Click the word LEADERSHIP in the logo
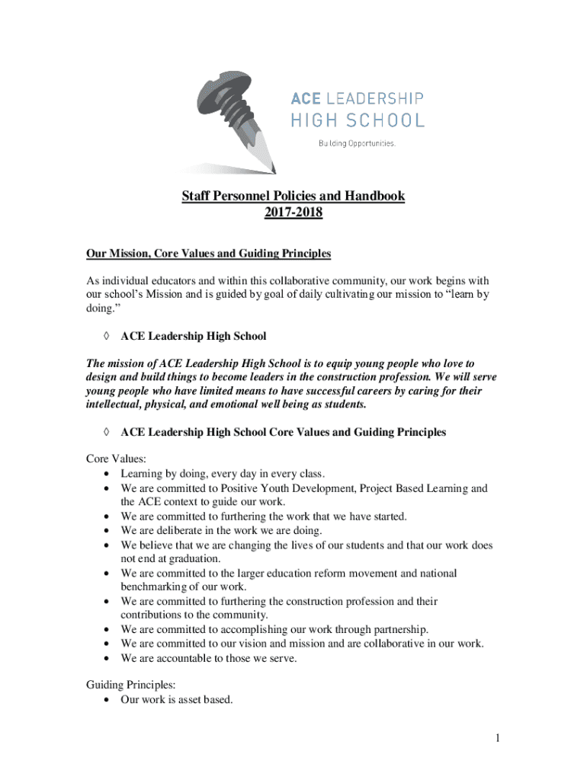[x=375, y=98]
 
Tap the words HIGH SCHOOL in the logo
[x=358, y=120]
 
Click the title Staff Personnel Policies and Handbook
[x=293, y=197]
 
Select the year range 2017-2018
[x=293, y=213]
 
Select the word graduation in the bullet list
[x=171, y=558]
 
